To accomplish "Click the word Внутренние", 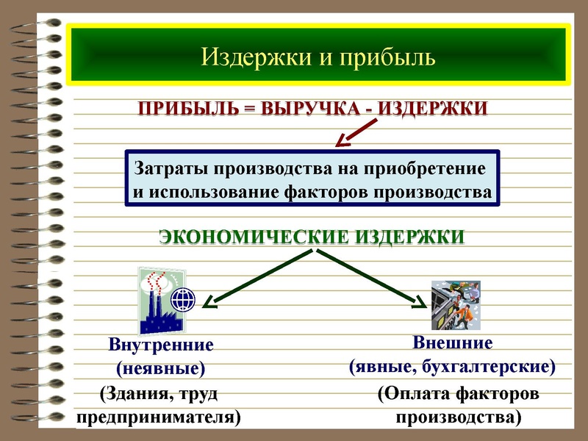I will pos(161,345).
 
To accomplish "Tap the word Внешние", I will pos(453,343).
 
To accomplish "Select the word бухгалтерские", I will pos(501,366).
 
